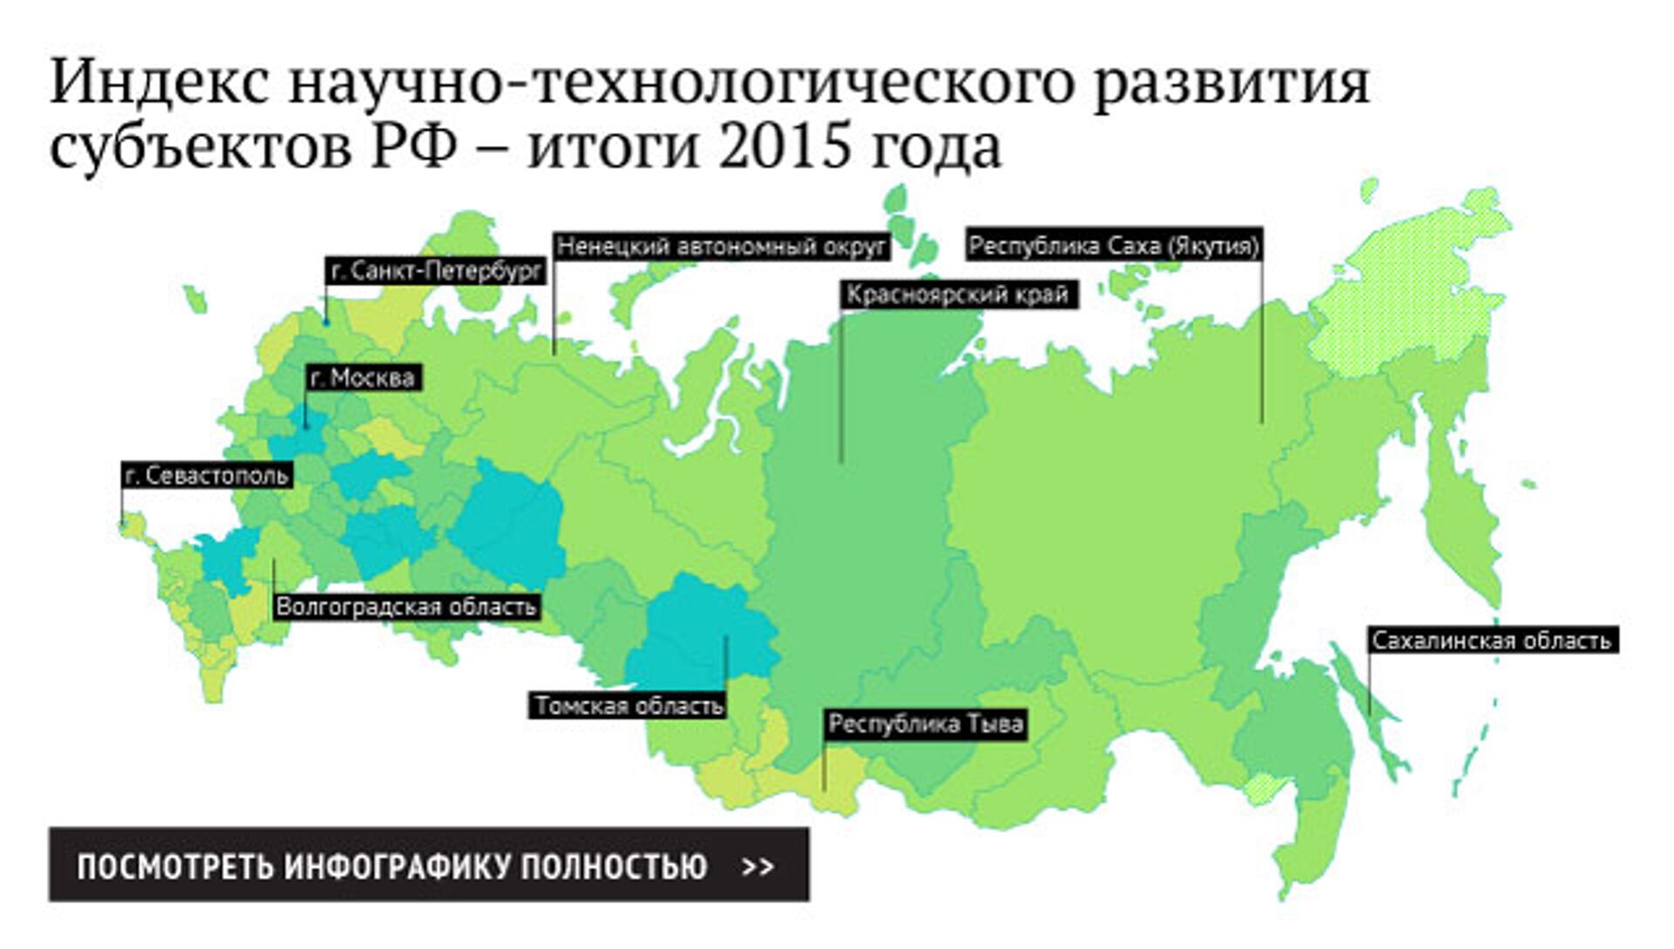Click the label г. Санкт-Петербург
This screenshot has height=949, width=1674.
pos(436,271)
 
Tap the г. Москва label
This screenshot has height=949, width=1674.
pos(363,378)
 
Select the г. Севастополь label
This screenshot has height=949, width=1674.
pos(207,476)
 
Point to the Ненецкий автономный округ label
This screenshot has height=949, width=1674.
pos(721,247)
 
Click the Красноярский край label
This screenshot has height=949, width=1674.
pos(957,295)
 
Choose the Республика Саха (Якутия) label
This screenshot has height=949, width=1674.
pos(1113,247)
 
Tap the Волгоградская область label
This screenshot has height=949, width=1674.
pos(406,607)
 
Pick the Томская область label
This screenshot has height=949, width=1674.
pos(629,705)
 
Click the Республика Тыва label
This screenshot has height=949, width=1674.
pos(926,724)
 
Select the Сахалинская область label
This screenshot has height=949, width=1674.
pos(1492,641)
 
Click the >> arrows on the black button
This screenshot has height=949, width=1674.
pos(758,866)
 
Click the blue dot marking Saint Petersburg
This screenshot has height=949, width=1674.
pos(327,322)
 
